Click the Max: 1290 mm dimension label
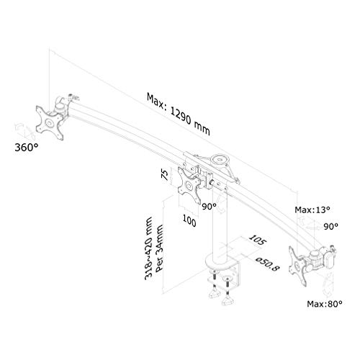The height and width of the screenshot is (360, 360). [179, 114]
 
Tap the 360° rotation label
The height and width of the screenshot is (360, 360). [27, 148]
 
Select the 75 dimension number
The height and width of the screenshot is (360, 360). [165, 174]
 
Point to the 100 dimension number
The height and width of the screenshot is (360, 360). [189, 220]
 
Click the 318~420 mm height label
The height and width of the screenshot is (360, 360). [149, 248]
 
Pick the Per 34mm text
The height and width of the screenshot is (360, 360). [159, 248]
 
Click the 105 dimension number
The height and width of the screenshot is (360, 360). [257, 240]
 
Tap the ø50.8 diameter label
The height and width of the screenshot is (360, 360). [267, 264]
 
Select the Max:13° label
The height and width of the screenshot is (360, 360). [312, 210]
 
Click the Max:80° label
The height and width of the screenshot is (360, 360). [325, 304]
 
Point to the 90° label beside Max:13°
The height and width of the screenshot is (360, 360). [330, 226]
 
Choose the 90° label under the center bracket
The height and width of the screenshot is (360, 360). [209, 206]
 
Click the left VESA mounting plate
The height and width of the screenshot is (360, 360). [50, 122]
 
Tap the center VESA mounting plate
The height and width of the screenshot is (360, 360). [189, 186]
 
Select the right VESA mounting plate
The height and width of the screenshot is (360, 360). [298, 266]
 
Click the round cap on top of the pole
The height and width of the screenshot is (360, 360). [220, 160]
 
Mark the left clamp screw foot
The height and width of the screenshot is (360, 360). [215, 293]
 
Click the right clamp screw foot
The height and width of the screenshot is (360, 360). [228, 301]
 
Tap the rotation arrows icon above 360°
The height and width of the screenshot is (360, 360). [24, 131]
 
